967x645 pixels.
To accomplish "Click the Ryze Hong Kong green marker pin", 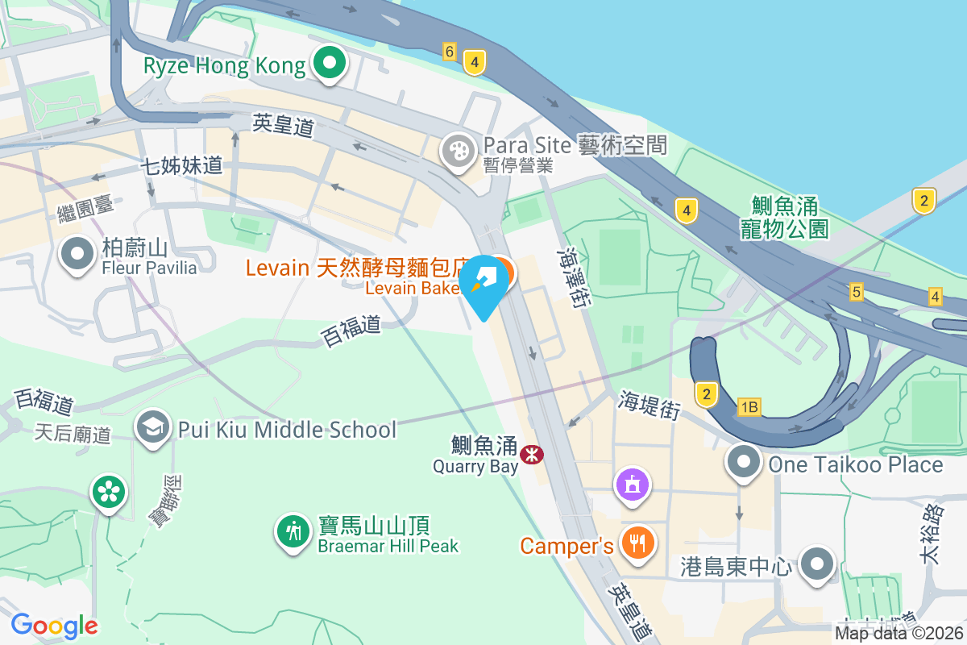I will coord(329,64).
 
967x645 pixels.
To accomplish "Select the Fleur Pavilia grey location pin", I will coord(77,253).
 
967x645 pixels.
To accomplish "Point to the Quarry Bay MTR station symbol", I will coord(531,455).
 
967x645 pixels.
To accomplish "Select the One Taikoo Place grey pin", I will coord(743,463).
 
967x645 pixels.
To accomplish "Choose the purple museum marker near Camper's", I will coord(633,485).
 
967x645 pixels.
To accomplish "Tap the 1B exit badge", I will coord(749,407).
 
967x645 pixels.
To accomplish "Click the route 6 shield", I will coord(450,52).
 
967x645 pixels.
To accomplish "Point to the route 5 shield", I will coord(856,291).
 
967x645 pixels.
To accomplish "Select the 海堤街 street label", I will coord(650,404).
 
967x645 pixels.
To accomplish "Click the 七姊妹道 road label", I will coord(181,166).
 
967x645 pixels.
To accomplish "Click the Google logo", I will coord(55,625).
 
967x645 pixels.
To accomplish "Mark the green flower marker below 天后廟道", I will coord(109,491).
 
